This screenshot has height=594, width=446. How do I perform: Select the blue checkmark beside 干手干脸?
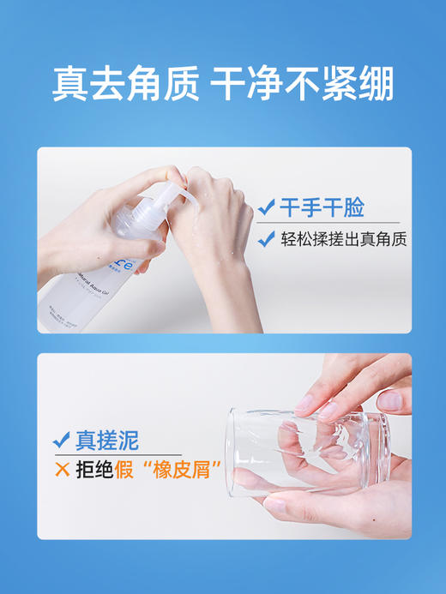tap(267, 207)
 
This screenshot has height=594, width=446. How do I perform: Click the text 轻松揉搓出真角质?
tap(343, 239)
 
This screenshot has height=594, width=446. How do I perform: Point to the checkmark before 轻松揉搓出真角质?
tap(267, 239)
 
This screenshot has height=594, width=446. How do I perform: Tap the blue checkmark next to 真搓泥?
tap(61, 441)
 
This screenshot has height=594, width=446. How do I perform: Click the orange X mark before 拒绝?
tap(61, 470)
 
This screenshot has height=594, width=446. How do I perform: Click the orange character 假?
tap(125, 470)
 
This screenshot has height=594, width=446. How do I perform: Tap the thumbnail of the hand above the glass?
tap(305, 403)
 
